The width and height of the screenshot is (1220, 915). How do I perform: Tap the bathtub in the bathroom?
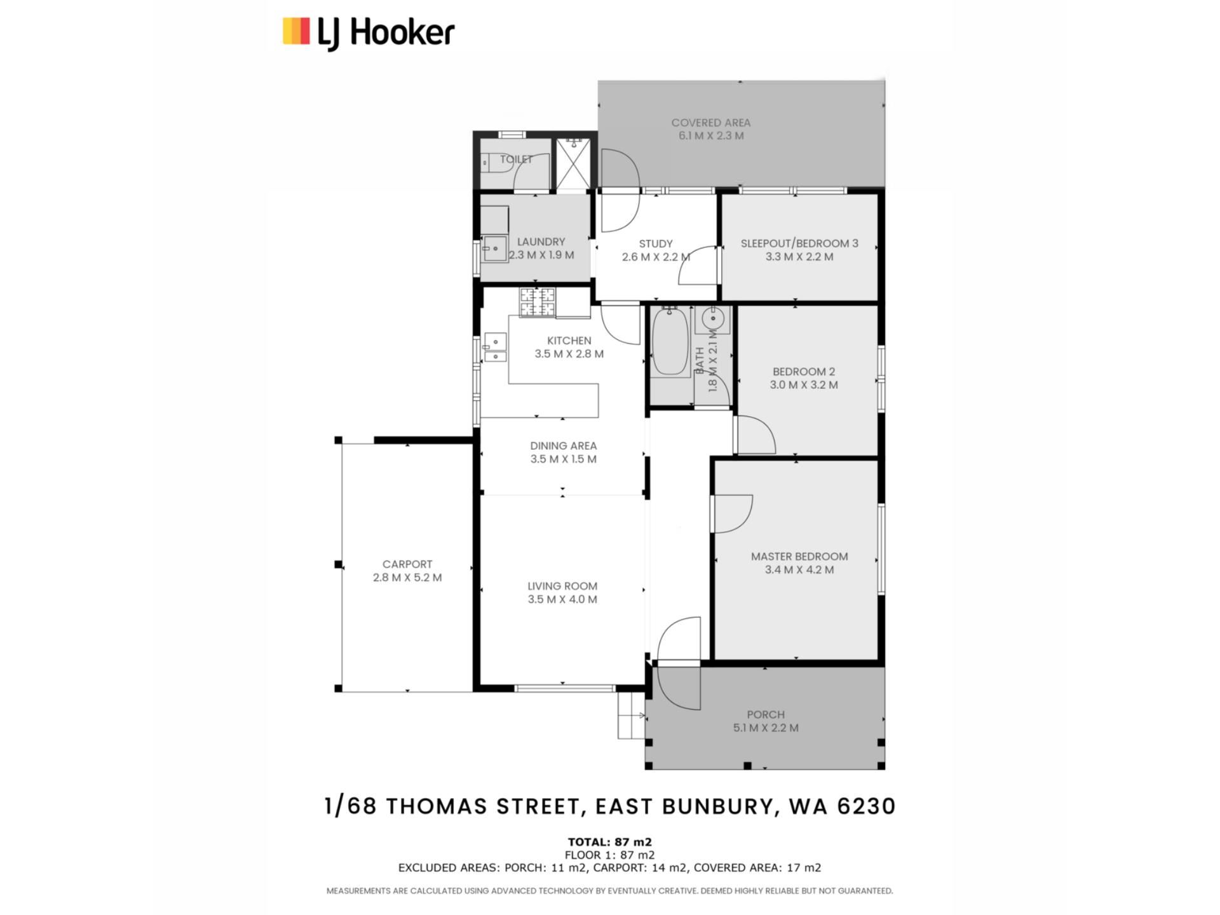670,341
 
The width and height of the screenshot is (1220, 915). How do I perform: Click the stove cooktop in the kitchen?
538,302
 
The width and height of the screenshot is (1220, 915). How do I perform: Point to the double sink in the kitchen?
495,348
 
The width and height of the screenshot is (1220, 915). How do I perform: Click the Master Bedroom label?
799,557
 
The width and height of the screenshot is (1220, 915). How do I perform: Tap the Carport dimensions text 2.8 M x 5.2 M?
407,578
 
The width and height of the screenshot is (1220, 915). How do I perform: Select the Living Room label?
562,586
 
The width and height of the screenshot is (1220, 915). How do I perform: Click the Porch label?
766,714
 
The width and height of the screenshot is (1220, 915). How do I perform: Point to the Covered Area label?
711,123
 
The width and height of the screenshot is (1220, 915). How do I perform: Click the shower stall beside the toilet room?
574,163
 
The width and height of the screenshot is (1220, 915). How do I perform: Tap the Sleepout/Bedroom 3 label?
799,243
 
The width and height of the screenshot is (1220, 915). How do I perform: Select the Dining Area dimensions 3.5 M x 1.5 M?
564,459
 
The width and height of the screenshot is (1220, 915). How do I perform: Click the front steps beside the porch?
631,715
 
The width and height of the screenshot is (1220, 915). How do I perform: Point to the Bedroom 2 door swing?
756,435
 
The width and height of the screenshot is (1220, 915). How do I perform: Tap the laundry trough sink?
494,248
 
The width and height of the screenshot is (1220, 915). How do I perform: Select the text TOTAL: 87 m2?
610,843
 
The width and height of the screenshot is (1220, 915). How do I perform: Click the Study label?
656,244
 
